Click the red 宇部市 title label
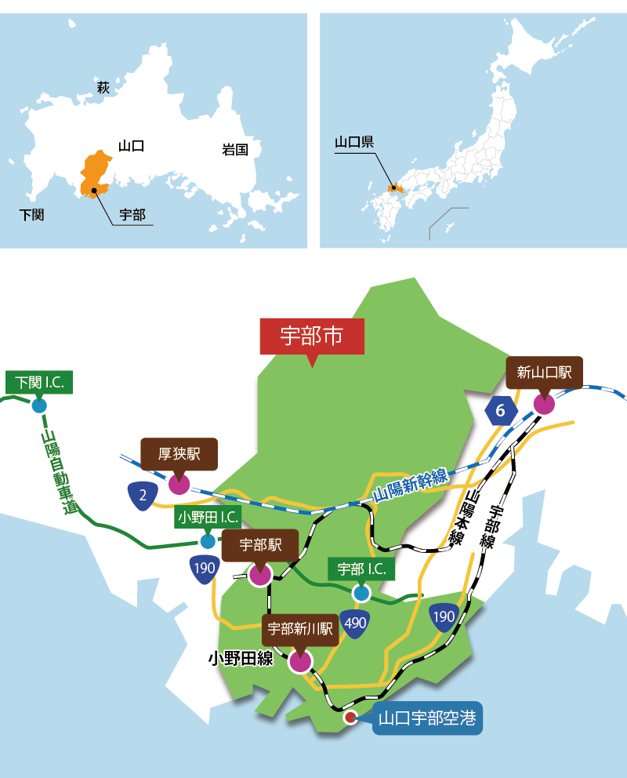(x=312, y=336)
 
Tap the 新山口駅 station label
(x=544, y=373)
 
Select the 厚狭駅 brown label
(x=179, y=453)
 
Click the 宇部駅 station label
(x=260, y=544)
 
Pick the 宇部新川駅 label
(x=301, y=629)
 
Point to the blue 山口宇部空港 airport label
(x=427, y=718)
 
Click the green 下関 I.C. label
(x=39, y=383)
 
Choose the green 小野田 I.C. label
(x=208, y=518)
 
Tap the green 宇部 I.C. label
(x=361, y=569)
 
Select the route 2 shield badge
(x=143, y=496)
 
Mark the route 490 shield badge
(x=355, y=624)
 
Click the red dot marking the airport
(x=350, y=717)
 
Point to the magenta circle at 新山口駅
(x=543, y=404)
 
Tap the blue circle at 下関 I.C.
(x=38, y=405)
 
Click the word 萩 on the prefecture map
(x=103, y=87)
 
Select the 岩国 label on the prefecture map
(x=235, y=150)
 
